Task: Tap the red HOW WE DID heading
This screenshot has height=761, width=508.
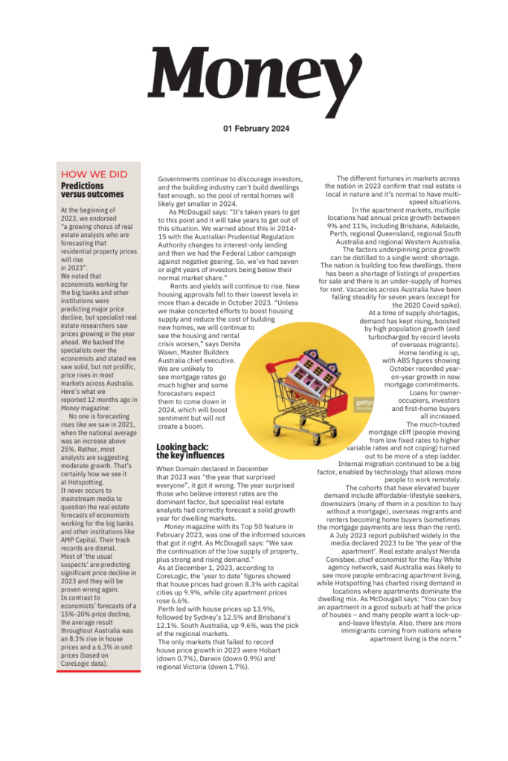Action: (x=94, y=175)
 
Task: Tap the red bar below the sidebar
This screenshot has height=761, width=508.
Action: (x=98, y=675)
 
